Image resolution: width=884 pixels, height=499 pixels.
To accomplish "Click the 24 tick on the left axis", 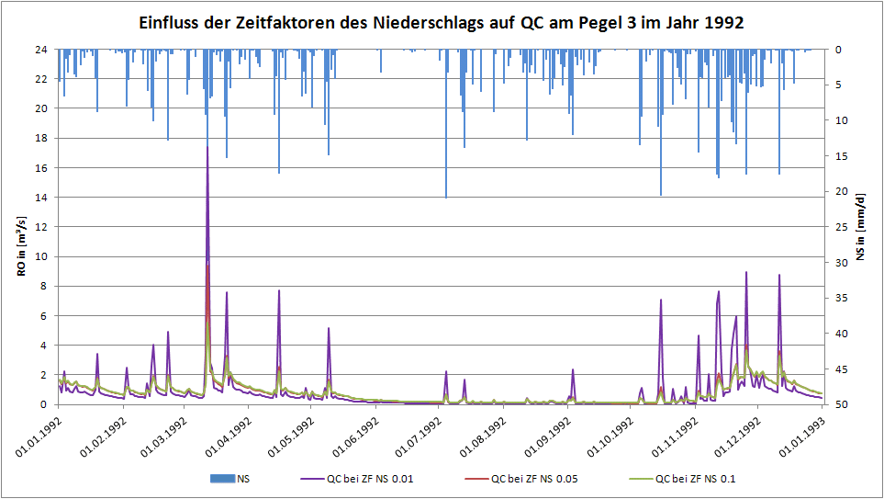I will pyautogui.click(x=41, y=50).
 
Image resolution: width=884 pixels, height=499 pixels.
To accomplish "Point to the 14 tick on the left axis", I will pyautogui.click(x=41, y=198).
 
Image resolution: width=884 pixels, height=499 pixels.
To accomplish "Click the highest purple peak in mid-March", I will pyautogui.click(x=207, y=147).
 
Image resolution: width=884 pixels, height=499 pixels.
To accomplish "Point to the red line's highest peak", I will pyautogui.click(x=208, y=265).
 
